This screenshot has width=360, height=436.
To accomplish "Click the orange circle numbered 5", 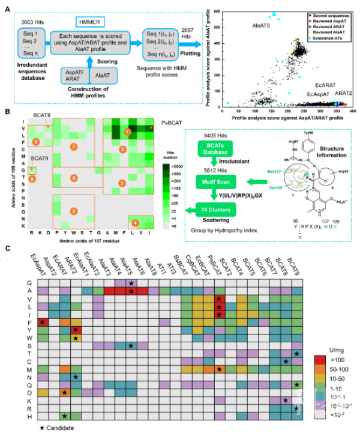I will (x=74, y=211).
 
